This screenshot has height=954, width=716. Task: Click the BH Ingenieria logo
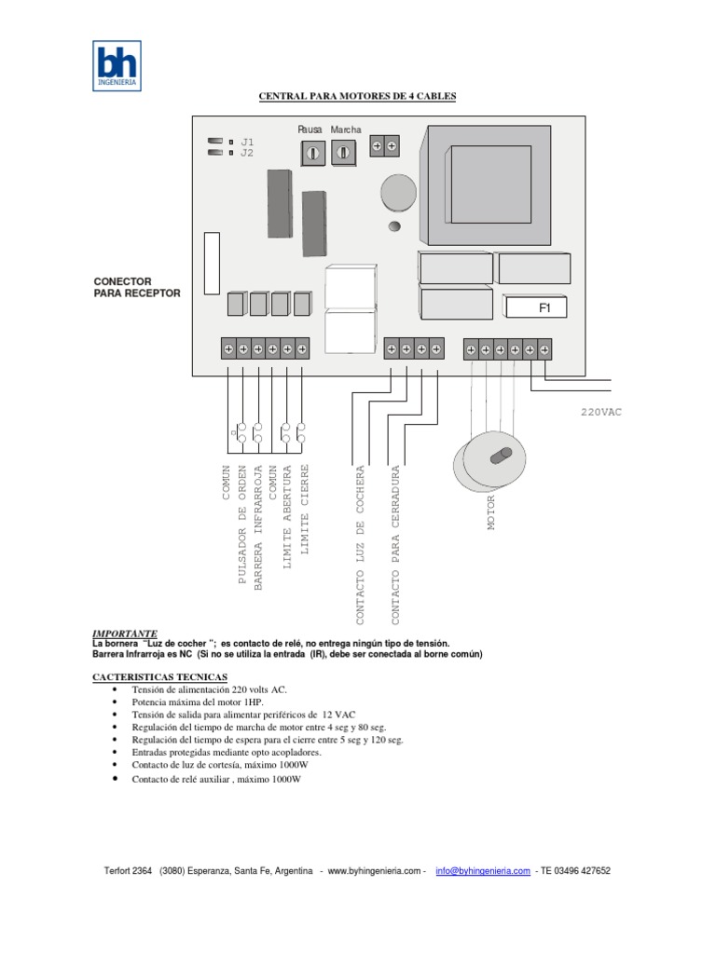click(x=117, y=65)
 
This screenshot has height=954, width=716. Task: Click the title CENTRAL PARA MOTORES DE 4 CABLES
click(x=357, y=96)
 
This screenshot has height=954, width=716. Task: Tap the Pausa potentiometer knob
click(x=310, y=152)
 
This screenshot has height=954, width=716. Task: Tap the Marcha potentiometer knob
click(x=344, y=152)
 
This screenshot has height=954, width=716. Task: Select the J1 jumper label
click(x=247, y=142)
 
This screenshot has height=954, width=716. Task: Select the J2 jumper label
click(x=247, y=153)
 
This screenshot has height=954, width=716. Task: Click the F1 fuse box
click(x=535, y=307)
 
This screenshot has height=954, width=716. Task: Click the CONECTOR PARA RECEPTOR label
click(x=137, y=287)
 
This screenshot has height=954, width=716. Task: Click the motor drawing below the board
click(x=490, y=461)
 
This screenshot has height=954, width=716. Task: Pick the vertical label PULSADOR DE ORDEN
click(x=242, y=525)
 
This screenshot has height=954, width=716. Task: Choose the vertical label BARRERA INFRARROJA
click(x=258, y=526)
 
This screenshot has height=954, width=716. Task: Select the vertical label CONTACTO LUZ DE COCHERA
click(x=359, y=545)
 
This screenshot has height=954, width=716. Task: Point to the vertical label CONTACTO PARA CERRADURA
click(x=395, y=545)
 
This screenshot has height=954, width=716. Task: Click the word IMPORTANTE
click(x=125, y=633)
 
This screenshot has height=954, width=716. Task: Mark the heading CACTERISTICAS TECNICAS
click(x=159, y=676)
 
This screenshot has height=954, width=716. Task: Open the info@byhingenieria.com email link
click(x=483, y=871)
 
